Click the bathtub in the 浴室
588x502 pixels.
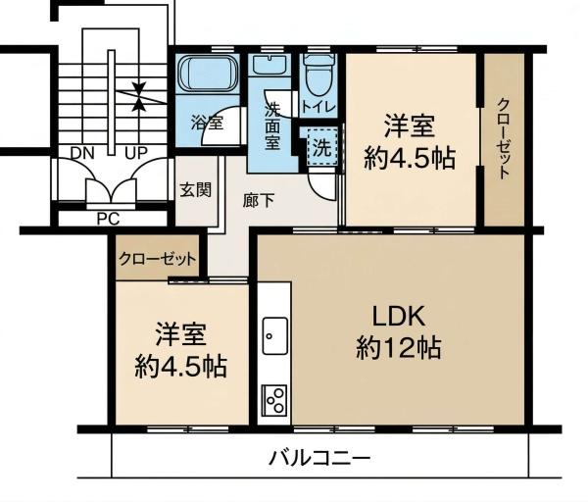pyautogui.click(x=208, y=74)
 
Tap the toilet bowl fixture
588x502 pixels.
pyautogui.click(x=319, y=75)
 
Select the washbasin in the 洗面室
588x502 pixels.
pyautogui.click(x=270, y=66)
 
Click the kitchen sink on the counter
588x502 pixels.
pyautogui.click(x=274, y=335)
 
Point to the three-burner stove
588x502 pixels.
pyautogui.click(x=275, y=400)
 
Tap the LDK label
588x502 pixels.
pyautogui.click(x=398, y=317)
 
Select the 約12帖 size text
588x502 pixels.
pyautogui.click(x=398, y=348)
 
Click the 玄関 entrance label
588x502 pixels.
pyautogui.click(x=195, y=190)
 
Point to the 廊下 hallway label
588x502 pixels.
pyautogui.click(x=259, y=201)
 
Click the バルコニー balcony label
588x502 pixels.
pyautogui.click(x=319, y=458)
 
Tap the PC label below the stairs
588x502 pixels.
pyautogui.click(x=108, y=219)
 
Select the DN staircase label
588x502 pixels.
pyautogui.click(x=82, y=153)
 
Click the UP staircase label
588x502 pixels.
pyautogui.click(x=136, y=153)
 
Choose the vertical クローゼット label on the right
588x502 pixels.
pyautogui.click(x=504, y=138)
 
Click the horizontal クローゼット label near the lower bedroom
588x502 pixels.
pyautogui.click(x=157, y=259)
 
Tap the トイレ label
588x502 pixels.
pyautogui.click(x=318, y=108)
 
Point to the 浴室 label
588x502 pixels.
pyautogui.click(x=207, y=123)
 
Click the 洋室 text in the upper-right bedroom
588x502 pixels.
pyautogui.click(x=409, y=126)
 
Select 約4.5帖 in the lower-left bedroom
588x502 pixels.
pyautogui.click(x=180, y=366)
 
